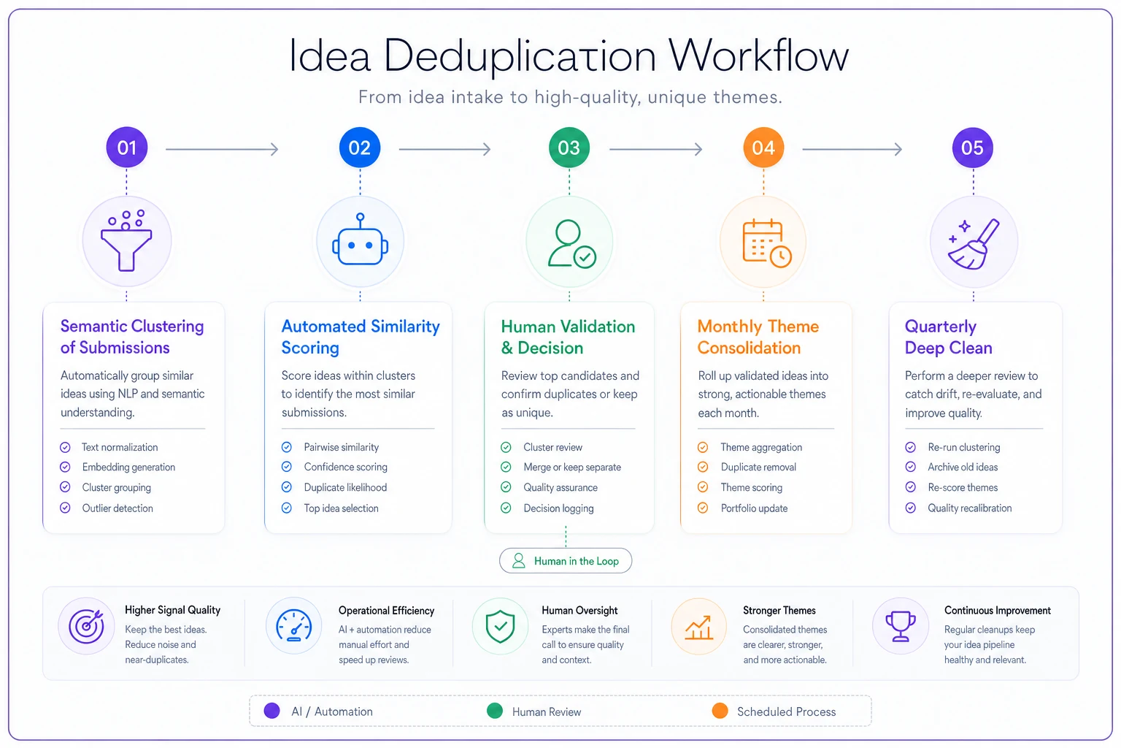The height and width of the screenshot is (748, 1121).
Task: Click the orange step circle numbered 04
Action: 763,148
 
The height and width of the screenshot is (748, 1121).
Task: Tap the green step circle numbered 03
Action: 569,148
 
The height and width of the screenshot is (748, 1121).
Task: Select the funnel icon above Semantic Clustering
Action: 126,240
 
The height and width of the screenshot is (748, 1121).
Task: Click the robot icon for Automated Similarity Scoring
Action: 360,240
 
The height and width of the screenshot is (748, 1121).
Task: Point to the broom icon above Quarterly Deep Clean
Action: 974,244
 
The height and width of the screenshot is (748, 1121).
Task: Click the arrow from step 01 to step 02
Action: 222,149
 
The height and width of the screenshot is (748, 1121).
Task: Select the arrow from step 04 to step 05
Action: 852,149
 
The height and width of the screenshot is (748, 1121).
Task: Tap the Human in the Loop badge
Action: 566,560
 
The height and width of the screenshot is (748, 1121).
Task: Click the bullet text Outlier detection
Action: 118,508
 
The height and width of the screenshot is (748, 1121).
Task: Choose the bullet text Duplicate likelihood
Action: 345,487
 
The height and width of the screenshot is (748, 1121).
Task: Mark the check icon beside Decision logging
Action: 506,508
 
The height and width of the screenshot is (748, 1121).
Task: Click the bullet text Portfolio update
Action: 754,508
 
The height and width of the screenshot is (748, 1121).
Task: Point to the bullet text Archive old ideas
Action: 963,467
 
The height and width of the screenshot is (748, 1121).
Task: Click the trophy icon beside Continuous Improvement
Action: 901,626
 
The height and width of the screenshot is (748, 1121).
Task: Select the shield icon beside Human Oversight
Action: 500,626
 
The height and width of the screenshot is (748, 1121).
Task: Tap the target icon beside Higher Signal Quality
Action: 87,626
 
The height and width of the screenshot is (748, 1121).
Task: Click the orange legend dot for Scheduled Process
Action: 720,711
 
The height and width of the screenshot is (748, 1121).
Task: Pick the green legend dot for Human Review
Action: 494,711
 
